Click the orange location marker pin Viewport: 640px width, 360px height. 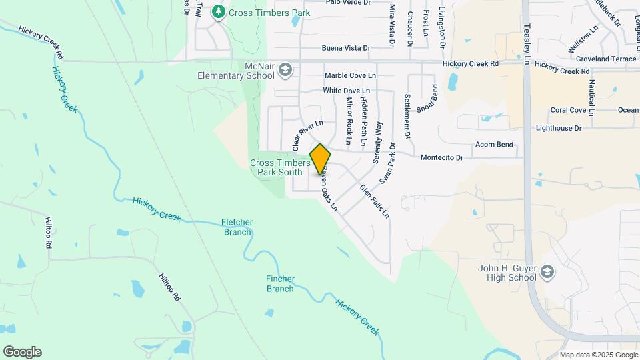[320, 159]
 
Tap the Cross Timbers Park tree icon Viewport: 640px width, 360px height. [218, 12]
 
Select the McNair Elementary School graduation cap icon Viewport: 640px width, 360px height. [285, 69]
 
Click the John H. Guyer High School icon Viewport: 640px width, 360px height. [547, 271]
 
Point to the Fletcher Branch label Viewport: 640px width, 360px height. [237, 227]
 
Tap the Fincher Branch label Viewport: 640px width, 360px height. [280, 283]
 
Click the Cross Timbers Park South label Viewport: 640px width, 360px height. [280, 167]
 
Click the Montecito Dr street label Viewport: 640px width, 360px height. [441, 158]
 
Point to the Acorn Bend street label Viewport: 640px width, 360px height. [494, 144]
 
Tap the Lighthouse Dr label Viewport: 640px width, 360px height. [559, 127]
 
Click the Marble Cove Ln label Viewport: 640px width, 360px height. [350, 76]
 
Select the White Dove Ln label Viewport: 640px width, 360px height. [346, 90]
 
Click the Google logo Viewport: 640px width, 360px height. [22, 352]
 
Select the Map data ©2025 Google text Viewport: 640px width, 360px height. [597, 355]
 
